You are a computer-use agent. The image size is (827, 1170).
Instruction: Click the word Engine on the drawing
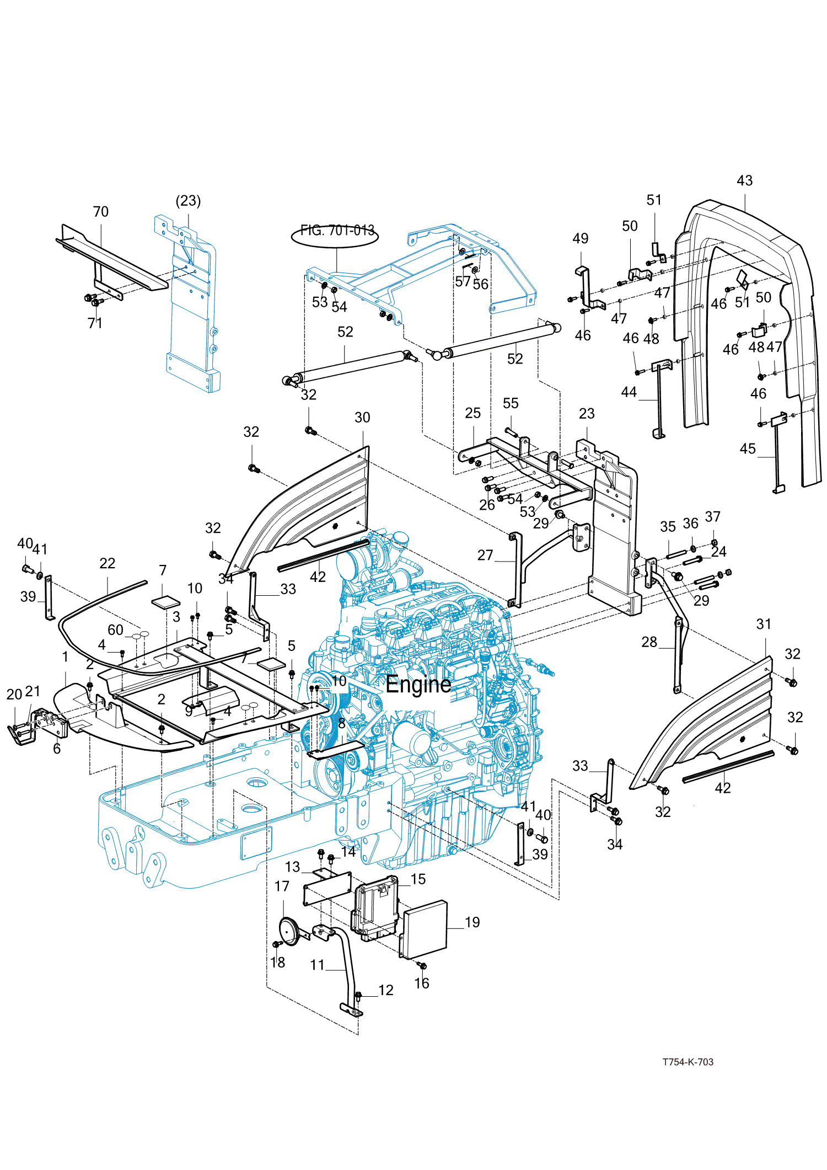tap(418, 685)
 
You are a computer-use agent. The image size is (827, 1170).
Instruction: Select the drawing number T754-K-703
tap(688, 1062)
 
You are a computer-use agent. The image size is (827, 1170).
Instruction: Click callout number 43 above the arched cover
tap(744, 181)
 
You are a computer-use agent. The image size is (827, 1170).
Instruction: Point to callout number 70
tap(100, 212)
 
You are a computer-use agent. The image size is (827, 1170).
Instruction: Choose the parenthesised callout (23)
tap(188, 201)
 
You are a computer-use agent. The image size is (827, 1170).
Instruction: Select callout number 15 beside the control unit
tap(418, 879)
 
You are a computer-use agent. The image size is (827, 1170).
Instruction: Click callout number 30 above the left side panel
tap(362, 418)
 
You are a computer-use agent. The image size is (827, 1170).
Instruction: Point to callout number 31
tap(764, 624)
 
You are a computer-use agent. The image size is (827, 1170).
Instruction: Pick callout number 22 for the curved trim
tap(108, 564)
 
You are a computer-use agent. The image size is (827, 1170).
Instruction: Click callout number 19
tap(472, 922)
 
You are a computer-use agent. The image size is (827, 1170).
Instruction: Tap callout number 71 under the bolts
tap(95, 323)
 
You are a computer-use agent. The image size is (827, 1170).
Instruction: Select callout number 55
tap(511, 403)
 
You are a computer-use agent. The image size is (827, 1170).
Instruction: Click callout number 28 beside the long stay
tap(649, 642)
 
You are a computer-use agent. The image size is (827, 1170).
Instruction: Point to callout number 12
tap(386, 990)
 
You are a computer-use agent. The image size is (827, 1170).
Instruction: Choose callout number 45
tap(748, 449)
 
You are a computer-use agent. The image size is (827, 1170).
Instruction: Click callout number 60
tap(115, 630)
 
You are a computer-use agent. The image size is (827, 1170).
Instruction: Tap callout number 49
tap(581, 239)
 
